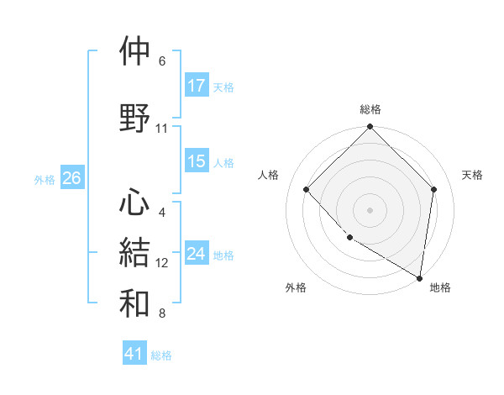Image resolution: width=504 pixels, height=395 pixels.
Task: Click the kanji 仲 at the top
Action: tap(135, 51)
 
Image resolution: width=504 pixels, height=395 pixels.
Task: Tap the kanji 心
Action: tap(135, 202)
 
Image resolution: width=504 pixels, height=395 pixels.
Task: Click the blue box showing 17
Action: tap(197, 86)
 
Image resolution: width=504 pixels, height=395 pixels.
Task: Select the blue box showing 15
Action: tap(197, 161)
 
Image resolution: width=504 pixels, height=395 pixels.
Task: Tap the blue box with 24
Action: tap(197, 254)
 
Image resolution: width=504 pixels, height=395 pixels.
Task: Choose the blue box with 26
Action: tap(72, 177)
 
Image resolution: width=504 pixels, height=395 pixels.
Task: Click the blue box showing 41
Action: tap(134, 354)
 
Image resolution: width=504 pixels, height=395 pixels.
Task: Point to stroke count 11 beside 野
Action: tap(162, 129)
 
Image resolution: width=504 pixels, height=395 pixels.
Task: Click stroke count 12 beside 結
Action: tap(162, 263)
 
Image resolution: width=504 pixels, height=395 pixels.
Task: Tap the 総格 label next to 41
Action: tap(161, 355)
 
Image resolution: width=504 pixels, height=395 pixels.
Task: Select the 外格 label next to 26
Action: tap(45, 179)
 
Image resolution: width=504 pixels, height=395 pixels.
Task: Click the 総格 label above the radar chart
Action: tap(370, 110)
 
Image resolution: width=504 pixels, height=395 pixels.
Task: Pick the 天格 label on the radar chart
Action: tap(473, 175)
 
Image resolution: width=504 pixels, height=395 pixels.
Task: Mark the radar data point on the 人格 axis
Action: tap(307, 189)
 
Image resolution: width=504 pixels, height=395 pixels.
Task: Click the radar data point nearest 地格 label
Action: tap(420, 278)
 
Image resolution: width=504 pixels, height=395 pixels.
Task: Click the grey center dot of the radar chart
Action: tap(370, 209)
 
